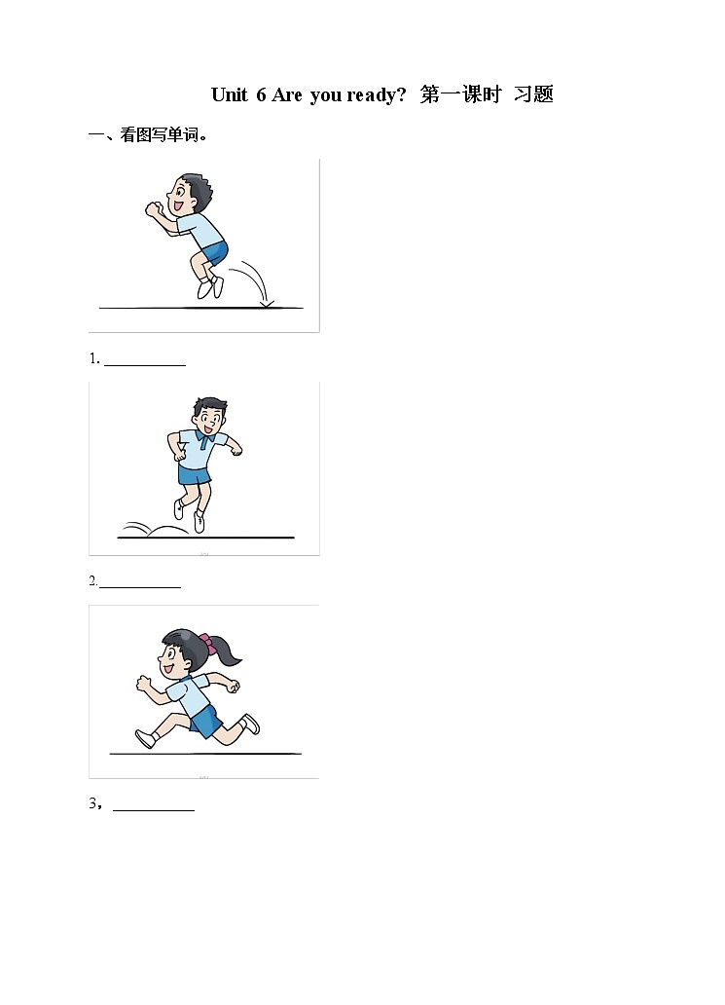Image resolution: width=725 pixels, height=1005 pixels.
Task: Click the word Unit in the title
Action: pos(230,94)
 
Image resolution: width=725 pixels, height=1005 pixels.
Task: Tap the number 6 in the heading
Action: pos(261,94)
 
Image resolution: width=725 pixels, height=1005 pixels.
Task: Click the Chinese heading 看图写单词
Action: pos(160,135)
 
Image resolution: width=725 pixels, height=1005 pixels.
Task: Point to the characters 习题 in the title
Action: pos(533,94)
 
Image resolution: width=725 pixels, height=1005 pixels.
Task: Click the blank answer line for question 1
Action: pos(145,365)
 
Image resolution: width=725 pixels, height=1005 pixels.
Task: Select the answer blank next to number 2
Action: pos(140,587)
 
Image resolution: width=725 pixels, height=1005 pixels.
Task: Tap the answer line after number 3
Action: pos(154,811)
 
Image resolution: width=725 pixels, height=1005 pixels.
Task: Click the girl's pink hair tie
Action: pos(205,639)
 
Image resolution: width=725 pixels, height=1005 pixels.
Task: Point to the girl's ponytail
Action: pos(228,651)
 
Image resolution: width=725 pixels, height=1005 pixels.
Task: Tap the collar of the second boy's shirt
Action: pos(203,438)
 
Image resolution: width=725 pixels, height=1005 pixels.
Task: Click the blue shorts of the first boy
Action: pos(216,252)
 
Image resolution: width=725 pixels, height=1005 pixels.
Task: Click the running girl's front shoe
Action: pos(146,739)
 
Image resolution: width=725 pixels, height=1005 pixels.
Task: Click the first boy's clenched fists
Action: pos(154,209)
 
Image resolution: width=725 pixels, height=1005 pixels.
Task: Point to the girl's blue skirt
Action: pos(206,723)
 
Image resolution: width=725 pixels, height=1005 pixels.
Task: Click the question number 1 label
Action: pos(94,359)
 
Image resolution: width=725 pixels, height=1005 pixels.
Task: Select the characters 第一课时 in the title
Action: pos(460,94)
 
